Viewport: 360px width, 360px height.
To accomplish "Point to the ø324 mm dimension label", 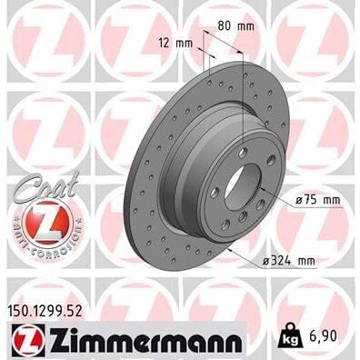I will (x=290, y=262).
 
